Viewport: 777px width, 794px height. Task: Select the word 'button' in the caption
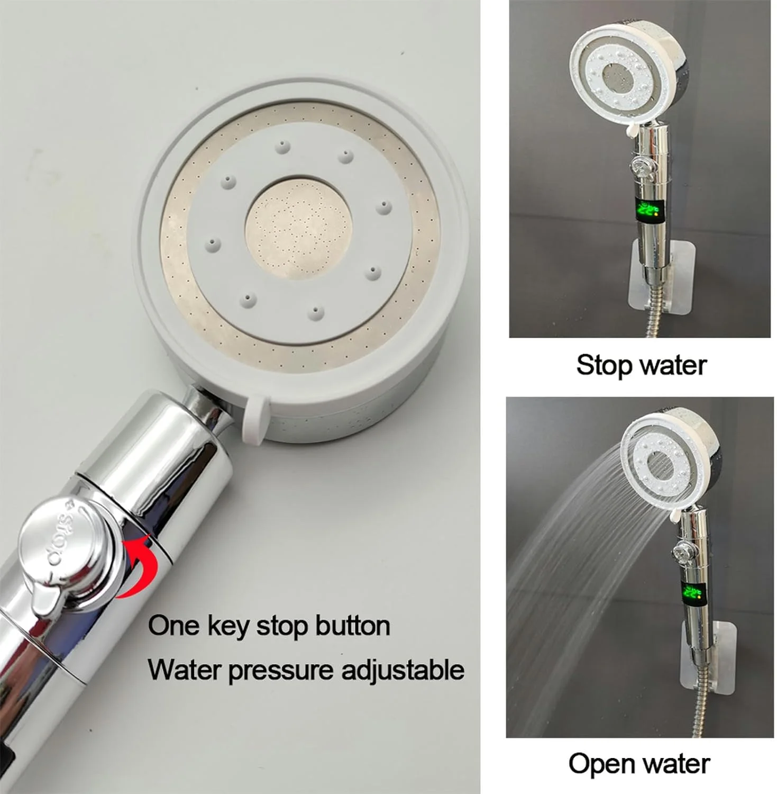(x=353, y=626)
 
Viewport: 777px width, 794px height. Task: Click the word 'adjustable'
(x=403, y=670)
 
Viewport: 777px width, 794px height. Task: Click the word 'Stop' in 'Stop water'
(x=604, y=365)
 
